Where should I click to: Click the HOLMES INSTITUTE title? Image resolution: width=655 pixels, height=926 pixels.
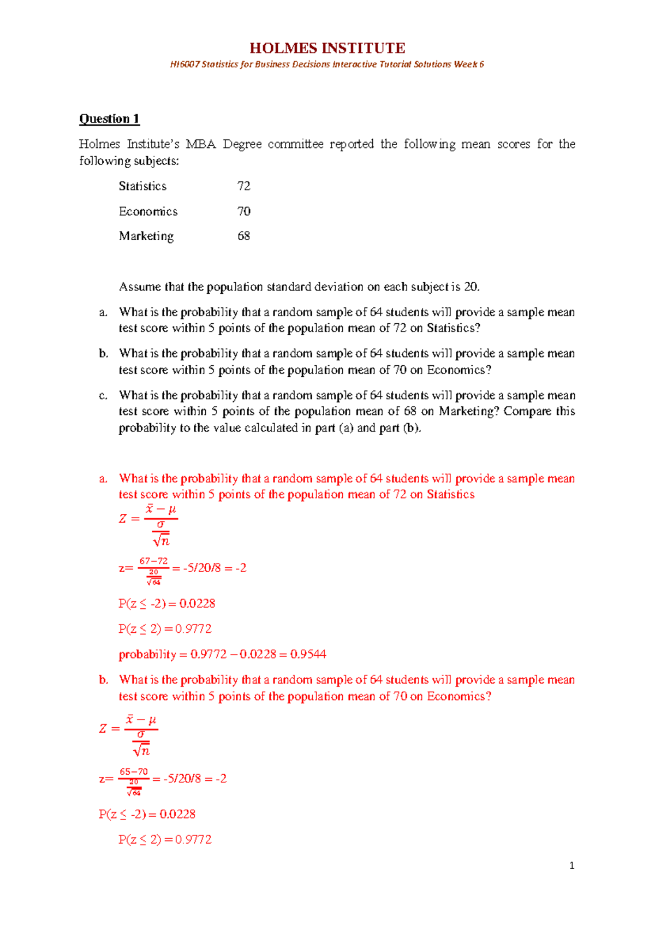[327, 48]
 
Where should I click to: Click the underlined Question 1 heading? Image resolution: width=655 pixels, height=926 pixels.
[109, 119]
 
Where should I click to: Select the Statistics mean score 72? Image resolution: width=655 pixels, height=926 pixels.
[243, 186]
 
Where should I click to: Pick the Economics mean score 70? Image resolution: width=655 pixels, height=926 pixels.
[243, 211]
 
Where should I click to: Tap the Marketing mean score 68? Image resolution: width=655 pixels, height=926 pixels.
[243, 236]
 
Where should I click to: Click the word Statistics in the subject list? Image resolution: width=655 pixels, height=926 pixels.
[142, 186]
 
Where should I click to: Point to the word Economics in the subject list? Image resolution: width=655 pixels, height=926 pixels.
[148, 211]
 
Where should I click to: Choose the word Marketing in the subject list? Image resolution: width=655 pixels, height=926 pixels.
[146, 236]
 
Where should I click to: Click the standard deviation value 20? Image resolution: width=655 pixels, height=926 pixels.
[471, 287]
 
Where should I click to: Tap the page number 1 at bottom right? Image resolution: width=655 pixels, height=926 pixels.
[571, 865]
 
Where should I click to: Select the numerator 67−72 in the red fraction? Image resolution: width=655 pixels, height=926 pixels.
[153, 561]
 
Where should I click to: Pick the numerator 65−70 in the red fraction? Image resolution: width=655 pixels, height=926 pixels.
[134, 771]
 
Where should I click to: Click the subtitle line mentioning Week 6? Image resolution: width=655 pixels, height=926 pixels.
[327, 64]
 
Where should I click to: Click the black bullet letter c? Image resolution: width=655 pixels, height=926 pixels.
[103, 395]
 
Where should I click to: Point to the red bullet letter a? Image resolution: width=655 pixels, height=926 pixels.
[103, 479]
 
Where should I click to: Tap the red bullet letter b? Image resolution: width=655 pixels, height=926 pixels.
[104, 680]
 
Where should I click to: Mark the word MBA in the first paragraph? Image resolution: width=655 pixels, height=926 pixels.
[201, 144]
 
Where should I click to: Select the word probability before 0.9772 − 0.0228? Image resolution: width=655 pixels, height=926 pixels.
[147, 654]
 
